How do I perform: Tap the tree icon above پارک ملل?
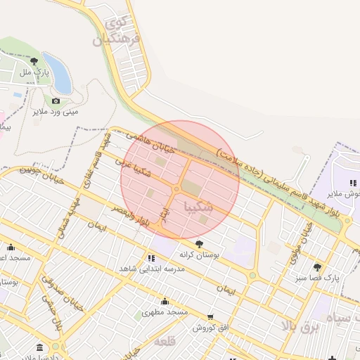point(34,60)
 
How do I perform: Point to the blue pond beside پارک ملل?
point(58,73)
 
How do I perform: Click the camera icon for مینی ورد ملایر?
point(56,101)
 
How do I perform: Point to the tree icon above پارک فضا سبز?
point(317,266)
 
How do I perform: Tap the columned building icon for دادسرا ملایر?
point(39,347)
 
